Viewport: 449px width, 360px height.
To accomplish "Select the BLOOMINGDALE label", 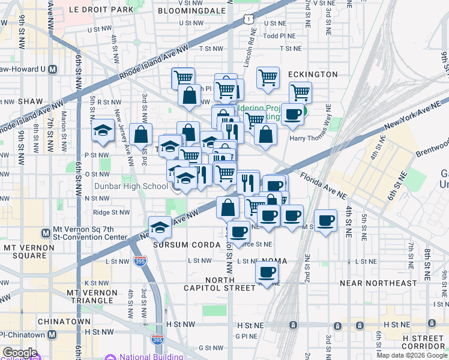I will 189,10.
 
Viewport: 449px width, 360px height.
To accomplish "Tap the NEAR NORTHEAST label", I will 378,283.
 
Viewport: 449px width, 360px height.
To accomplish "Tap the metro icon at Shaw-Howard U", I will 52,69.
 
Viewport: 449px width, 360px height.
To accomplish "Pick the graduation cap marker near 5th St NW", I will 103,130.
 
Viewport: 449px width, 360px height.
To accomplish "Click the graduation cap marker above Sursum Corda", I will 160,226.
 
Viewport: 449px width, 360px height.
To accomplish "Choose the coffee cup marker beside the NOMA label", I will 267,271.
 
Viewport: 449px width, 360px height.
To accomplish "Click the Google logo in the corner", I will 20,353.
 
